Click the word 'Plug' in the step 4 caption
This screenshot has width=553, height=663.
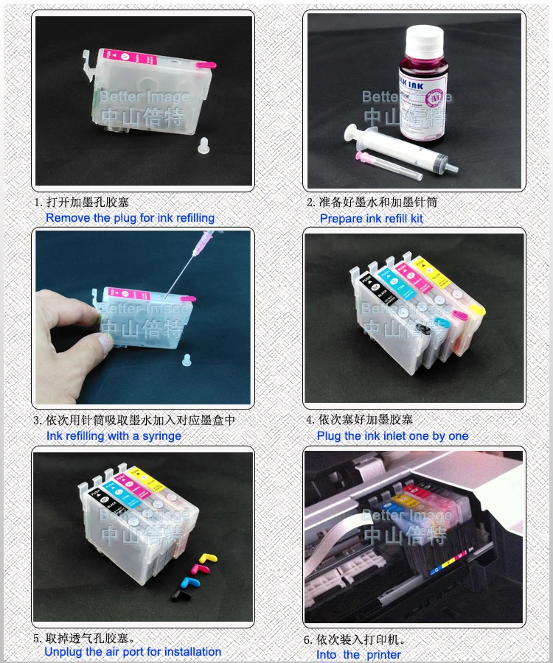(329, 436)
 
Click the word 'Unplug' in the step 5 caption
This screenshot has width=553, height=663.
(63, 652)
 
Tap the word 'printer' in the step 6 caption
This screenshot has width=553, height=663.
(383, 655)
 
